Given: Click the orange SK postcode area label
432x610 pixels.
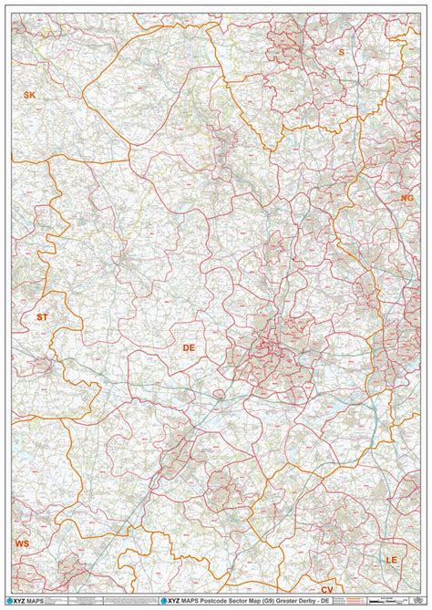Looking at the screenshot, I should pyautogui.click(x=29, y=95).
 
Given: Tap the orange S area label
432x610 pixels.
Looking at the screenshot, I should pyautogui.click(x=342, y=52).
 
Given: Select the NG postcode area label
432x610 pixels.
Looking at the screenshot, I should pyautogui.click(x=406, y=197).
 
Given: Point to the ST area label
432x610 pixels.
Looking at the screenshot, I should pyautogui.click(x=41, y=316).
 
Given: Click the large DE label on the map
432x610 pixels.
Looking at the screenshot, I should pyautogui.click(x=189, y=347).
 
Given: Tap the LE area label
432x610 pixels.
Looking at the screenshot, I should pyautogui.click(x=392, y=558).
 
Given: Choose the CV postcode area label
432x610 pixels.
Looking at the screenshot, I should pyautogui.click(x=326, y=591).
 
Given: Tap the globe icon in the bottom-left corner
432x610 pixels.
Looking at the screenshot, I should pyautogui.click(x=10, y=601).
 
